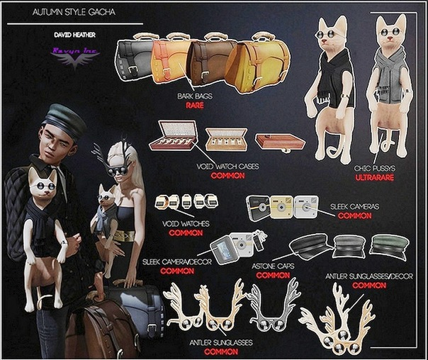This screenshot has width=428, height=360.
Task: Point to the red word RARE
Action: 194,105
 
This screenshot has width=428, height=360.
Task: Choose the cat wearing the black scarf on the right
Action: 334,78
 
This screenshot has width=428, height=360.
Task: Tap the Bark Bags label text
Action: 194,96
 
